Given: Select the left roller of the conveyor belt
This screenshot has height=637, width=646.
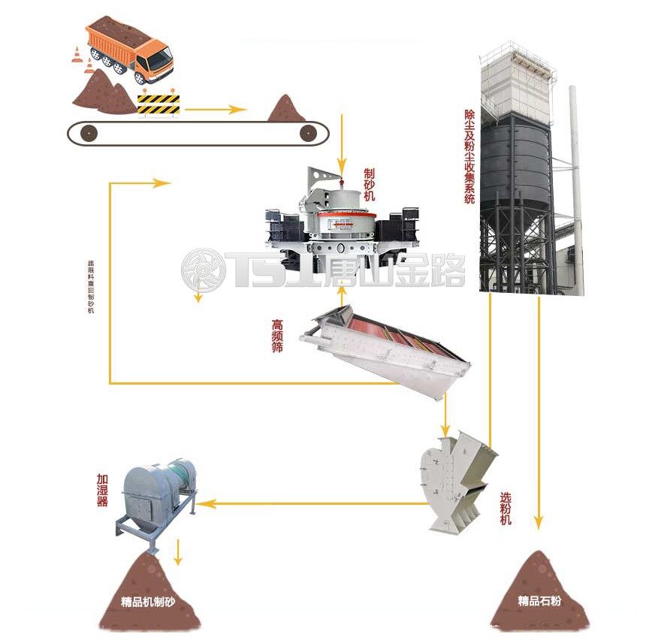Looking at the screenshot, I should pyautogui.click(x=89, y=134).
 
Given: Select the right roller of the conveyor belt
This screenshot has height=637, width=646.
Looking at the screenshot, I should pyautogui.click(x=306, y=134).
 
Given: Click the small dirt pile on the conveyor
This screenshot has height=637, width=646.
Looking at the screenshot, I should pyautogui.click(x=286, y=109).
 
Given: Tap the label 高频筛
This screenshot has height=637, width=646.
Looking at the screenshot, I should pyautogui.click(x=278, y=337).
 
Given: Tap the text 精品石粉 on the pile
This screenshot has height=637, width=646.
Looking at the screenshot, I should pyautogui.click(x=539, y=600).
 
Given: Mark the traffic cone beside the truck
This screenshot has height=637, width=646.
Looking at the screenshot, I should pyautogui.click(x=77, y=56).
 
